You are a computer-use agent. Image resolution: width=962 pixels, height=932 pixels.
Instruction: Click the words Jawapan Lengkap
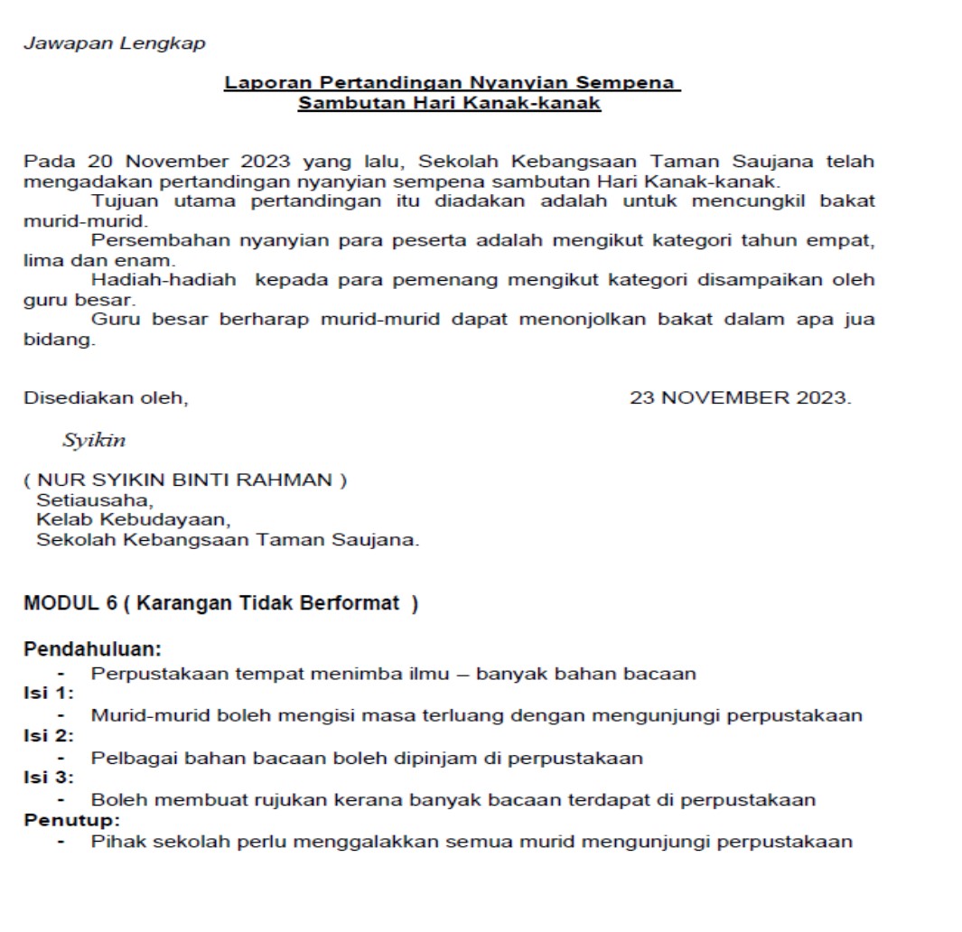click(114, 43)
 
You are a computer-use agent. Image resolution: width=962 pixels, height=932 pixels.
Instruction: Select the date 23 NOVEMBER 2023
click(740, 397)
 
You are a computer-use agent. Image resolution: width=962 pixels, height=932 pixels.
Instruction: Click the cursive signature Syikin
click(94, 441)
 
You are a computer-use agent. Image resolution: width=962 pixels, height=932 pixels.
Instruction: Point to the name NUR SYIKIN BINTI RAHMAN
click(185, 480)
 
